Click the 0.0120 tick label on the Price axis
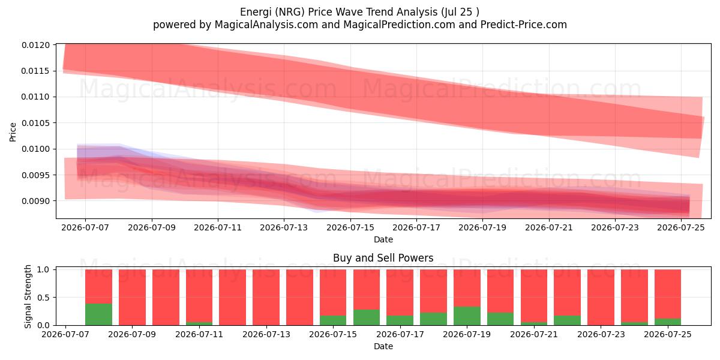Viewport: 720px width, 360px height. [35, 45]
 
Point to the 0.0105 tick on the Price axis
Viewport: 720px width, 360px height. [35, 123]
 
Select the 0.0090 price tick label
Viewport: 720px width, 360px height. [35, 201]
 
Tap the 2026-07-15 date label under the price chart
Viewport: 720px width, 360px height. [350, 228]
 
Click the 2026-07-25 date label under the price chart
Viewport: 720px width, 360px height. [681, 228]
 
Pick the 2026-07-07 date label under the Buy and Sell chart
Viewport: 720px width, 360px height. [65, 335]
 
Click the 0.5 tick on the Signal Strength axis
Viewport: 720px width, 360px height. [43, 298]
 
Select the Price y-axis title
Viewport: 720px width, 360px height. [13, 132]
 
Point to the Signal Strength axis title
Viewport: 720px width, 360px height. [28, 296]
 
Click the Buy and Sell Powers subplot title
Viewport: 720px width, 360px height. [383, 258]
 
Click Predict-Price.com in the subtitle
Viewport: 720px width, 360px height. [524, 25]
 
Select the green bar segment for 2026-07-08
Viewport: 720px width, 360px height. [98, 314]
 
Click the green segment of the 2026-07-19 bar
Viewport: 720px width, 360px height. [467, 316]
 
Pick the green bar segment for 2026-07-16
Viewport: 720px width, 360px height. [367, 317]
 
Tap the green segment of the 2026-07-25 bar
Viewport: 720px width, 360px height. [668, 322]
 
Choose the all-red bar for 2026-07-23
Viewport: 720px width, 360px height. [601, 298]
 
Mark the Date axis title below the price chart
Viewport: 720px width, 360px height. [383, 240]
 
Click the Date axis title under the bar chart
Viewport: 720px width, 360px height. [383, 347]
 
